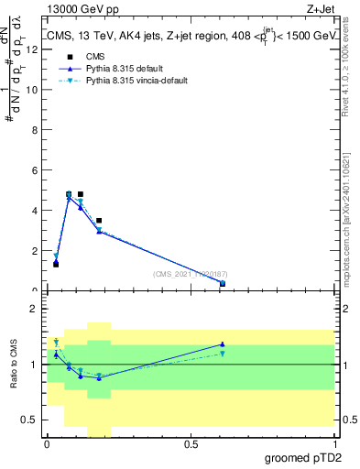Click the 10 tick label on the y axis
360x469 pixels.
(x=34, y=90)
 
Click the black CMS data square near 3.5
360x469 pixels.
(x=99, y=221)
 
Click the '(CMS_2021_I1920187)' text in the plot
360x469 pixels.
(x=191, y=273)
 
